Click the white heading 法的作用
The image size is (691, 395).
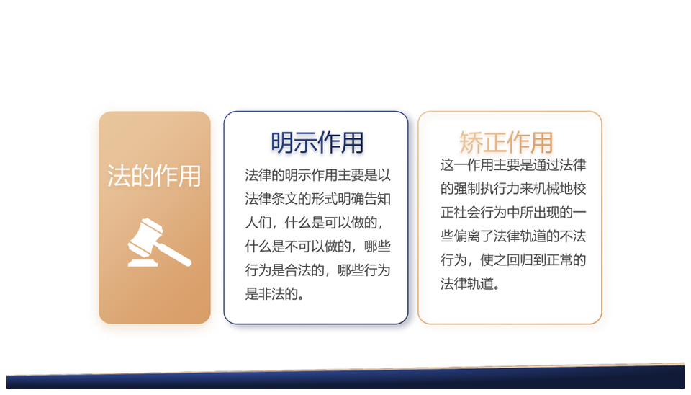pyautogui.click(x=154, y=176)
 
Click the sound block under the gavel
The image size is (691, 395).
pyautogui.click(x=143, y=262)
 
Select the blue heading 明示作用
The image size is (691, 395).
pyautogui.click(x=317, y=142)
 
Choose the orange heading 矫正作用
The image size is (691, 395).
pyautogui.click(x=506, y=142)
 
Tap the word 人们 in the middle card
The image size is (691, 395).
pyautogui.click(x=258, y=223)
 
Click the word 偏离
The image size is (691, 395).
pyautogui.click(x=466, y=236)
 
